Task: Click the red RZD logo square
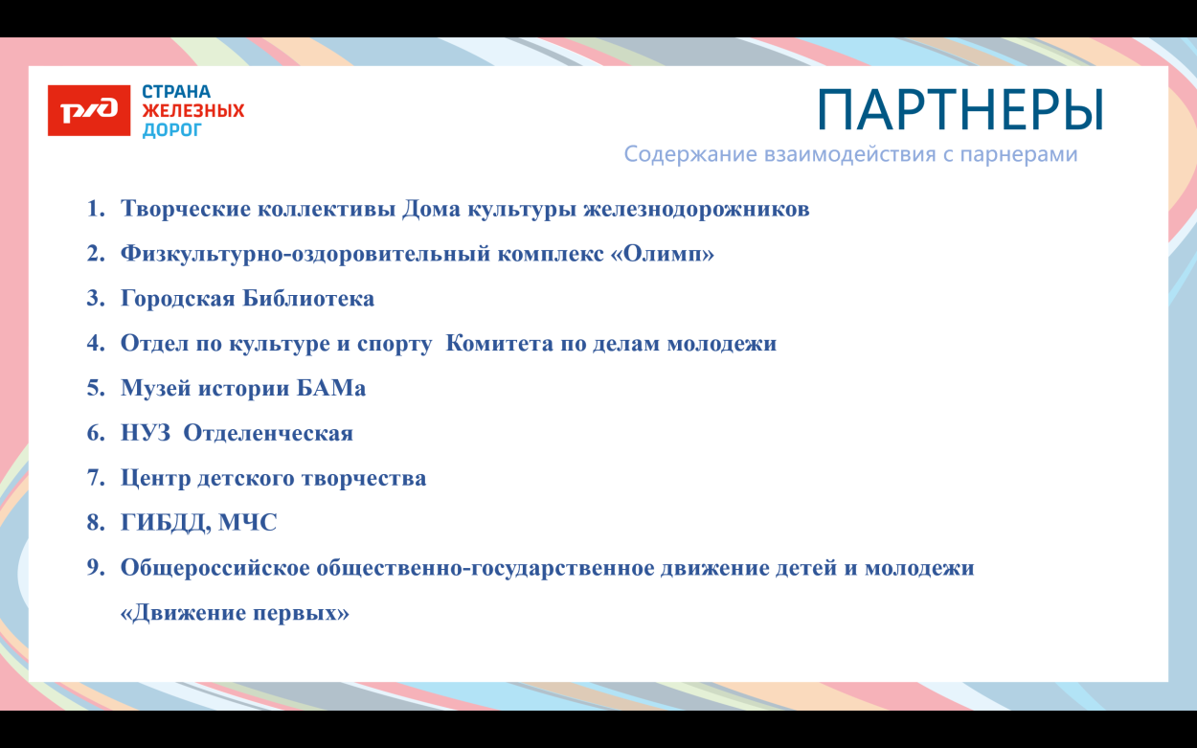(x=89, y=110)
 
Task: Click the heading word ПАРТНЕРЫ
(x=960, y=109)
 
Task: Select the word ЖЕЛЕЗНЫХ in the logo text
(x=193, y=111)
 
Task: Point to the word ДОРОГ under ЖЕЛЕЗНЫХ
(x=172, y=129)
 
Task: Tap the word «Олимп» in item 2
(x=662, y=254)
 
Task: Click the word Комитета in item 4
(x=495, y=344)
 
